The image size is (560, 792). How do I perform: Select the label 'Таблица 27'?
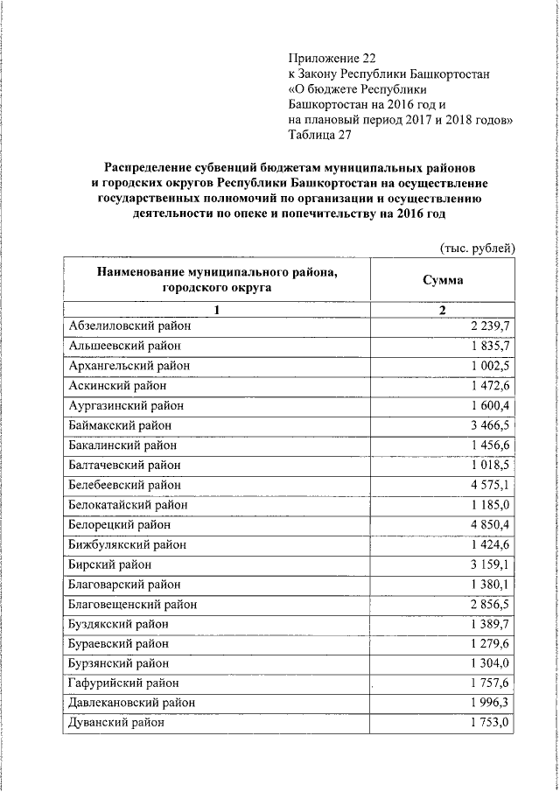[x=320, y=135]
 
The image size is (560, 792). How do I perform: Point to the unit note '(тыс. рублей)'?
[x=477, y=248]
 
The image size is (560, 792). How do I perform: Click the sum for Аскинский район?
[x=491, y=385]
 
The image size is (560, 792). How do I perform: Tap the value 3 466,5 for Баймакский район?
[x=491, y=424]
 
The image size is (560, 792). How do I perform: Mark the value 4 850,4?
[x=491, y=524]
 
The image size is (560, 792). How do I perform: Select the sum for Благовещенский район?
[x=491, y=604]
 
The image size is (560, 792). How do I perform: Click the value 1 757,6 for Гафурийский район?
[x=491, y=683]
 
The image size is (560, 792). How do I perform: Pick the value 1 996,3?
[x=491, y=703]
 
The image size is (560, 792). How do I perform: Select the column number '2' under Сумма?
[x=443, y=310]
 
